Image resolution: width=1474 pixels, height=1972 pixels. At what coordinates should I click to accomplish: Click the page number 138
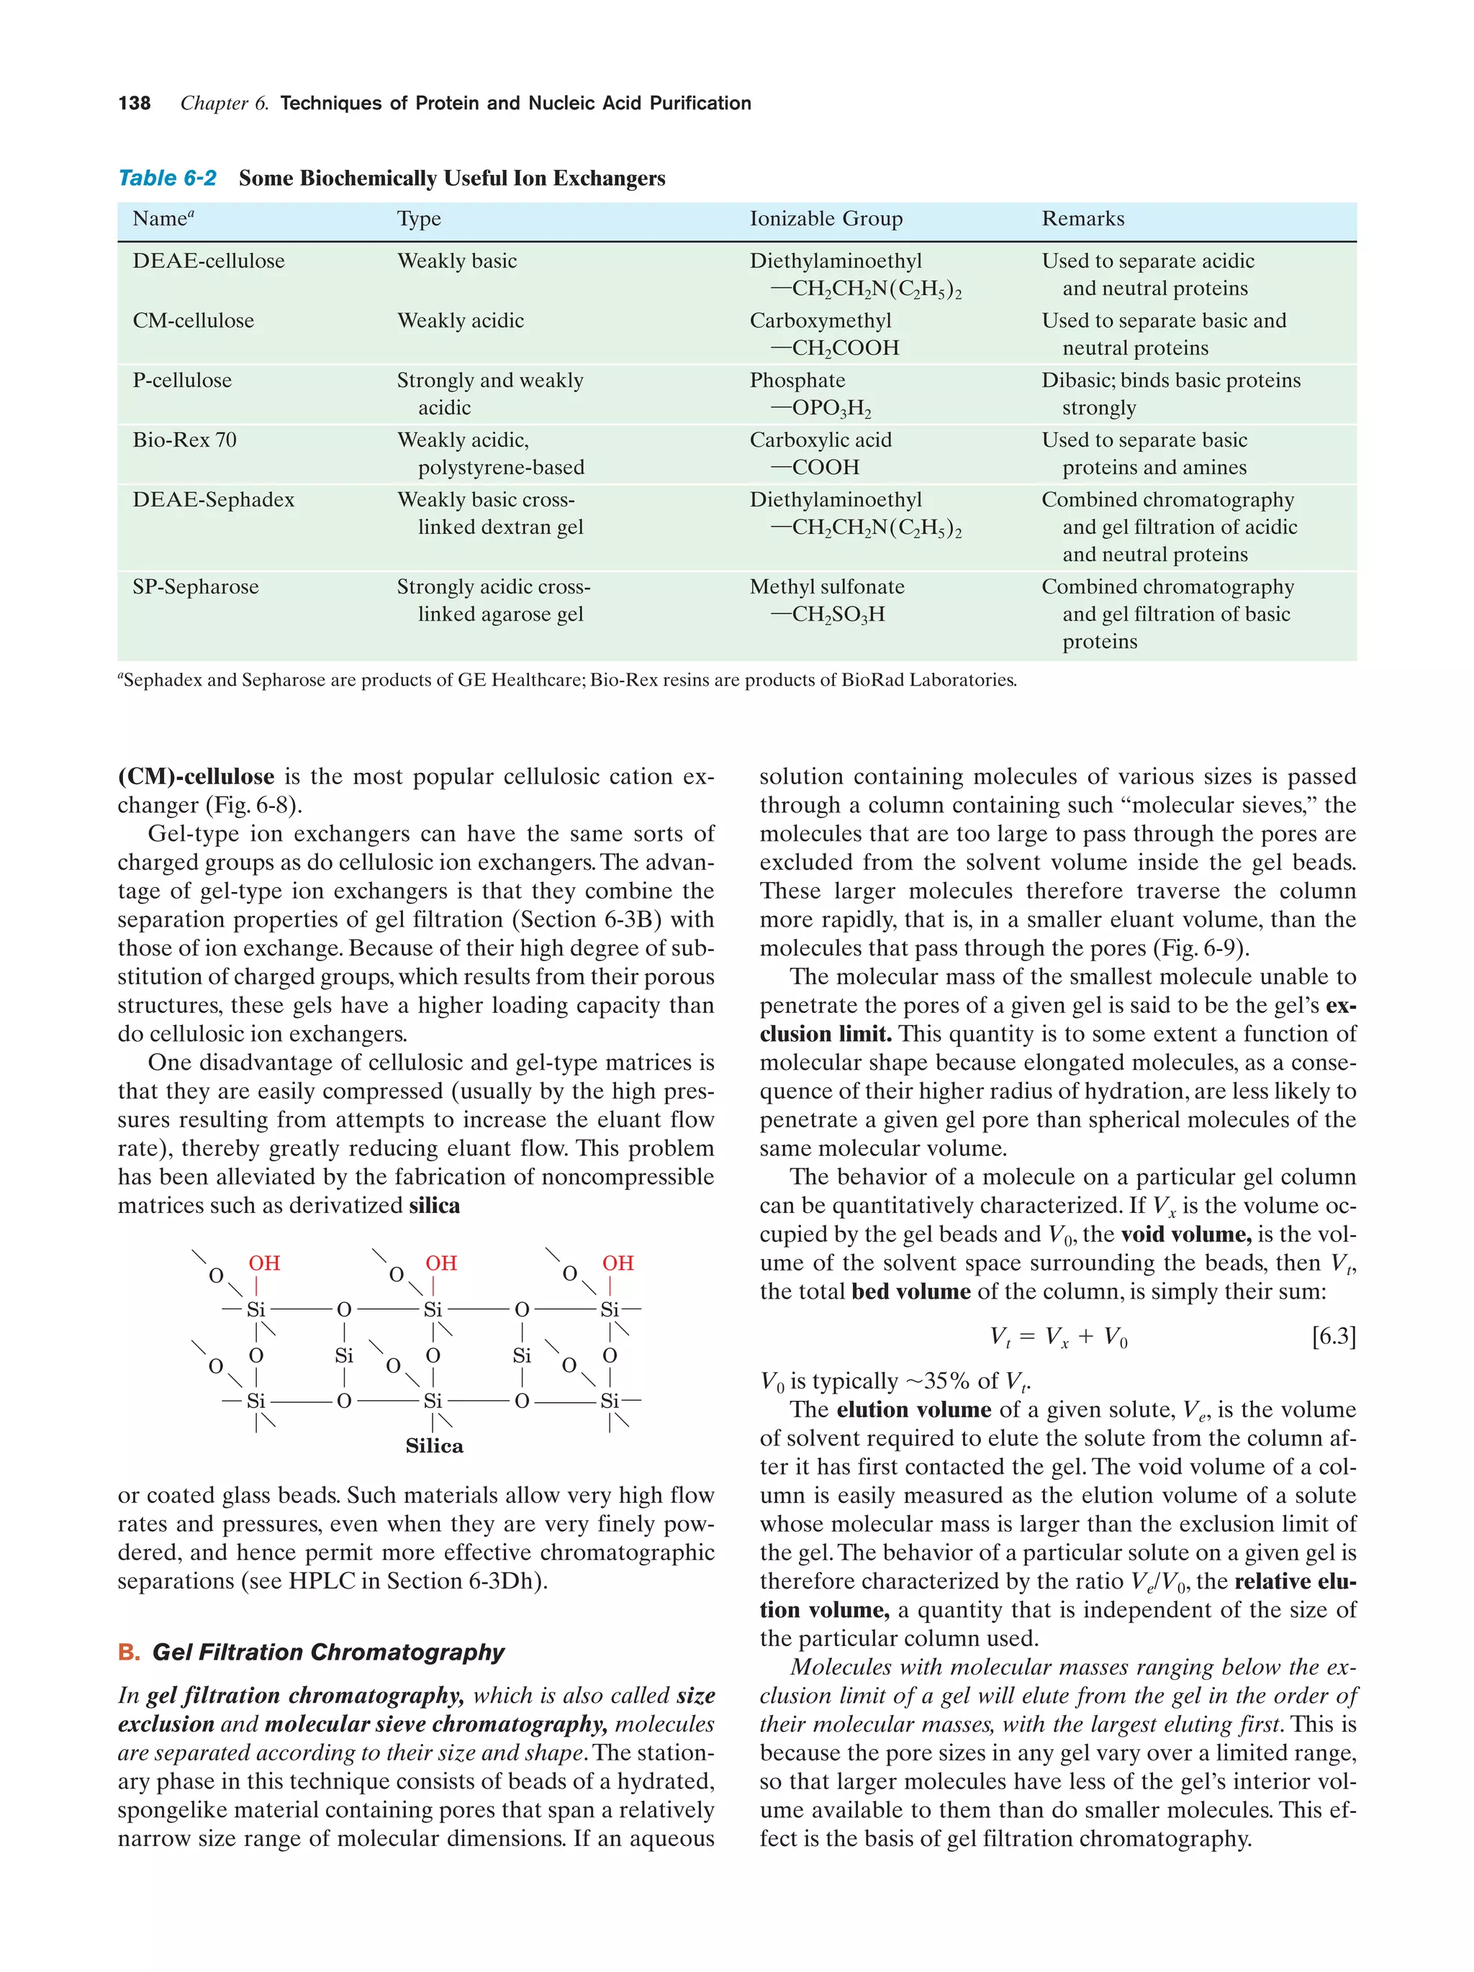(134, 104)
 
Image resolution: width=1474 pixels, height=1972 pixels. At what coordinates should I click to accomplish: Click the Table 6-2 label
(167, 178)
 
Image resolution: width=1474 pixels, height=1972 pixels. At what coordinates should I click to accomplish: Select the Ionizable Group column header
(825, 219)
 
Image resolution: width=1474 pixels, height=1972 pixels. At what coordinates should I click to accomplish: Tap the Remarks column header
(1082, 219)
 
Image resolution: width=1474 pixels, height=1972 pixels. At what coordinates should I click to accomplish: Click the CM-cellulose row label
(193, 321)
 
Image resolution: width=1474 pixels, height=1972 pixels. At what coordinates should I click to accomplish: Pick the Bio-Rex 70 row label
(184, 440)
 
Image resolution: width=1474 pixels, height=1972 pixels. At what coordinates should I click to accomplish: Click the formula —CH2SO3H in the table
(827, 614)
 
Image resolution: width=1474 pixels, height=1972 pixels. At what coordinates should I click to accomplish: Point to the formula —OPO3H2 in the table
(820, 409)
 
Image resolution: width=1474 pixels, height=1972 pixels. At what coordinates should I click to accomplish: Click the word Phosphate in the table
(796, 381)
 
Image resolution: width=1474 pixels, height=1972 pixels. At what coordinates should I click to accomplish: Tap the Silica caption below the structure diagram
(434, 1446)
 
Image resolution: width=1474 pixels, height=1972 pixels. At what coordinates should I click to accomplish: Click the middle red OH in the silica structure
(440, 1263)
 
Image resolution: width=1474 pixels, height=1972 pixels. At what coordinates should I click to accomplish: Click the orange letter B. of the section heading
(128, 1652)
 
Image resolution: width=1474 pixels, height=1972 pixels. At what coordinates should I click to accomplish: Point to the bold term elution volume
(913, 1409)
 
